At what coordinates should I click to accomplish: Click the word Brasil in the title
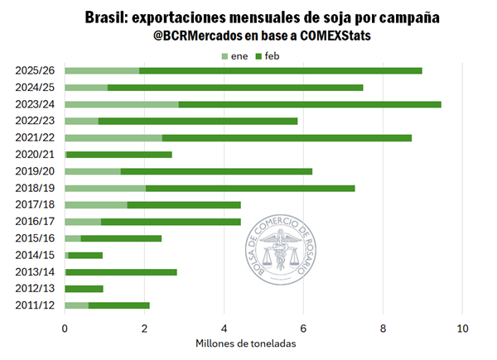[108, 17]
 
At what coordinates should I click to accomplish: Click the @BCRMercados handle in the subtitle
[181, 36]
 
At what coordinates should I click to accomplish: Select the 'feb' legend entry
[271, 55]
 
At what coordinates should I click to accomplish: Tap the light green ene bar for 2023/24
[121, 104]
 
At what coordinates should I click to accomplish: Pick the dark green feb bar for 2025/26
[280, 70]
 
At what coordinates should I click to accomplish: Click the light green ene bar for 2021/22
[113, 137]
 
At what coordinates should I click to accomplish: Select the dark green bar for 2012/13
[84, 289]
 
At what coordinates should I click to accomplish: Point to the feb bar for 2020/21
[119, 154]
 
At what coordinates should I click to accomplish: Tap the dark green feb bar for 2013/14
[121, 271]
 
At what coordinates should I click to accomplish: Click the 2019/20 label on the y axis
[35, 171]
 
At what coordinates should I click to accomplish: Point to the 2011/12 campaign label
[35, 306]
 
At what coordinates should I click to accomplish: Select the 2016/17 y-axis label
[35, 222]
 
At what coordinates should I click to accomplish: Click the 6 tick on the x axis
[303, 327]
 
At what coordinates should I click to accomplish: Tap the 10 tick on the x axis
[462, 327]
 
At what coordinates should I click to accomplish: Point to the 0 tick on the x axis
[65, 327]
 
